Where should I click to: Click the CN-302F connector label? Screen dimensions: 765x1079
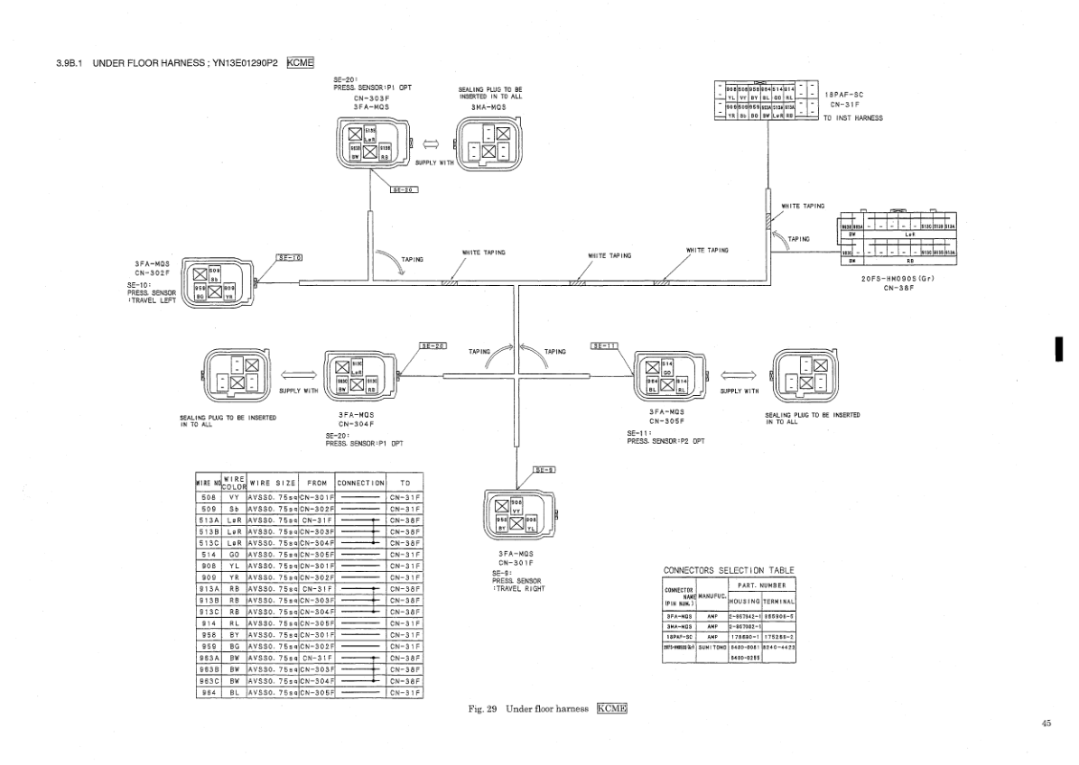[x=153, y=272]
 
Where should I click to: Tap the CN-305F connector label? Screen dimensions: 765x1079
[x=667, y=421]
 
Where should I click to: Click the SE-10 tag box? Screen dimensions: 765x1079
[x=288, y=258]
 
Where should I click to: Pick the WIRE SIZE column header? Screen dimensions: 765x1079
[x=273, y=483]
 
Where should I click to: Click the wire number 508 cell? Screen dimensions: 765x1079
[x=209, y=495]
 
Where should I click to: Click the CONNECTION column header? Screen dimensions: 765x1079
[x=360, y=483]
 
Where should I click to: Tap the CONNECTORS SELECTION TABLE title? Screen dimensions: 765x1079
[x=729, y=570]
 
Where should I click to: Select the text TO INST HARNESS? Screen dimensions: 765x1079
[x=853, y=117]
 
